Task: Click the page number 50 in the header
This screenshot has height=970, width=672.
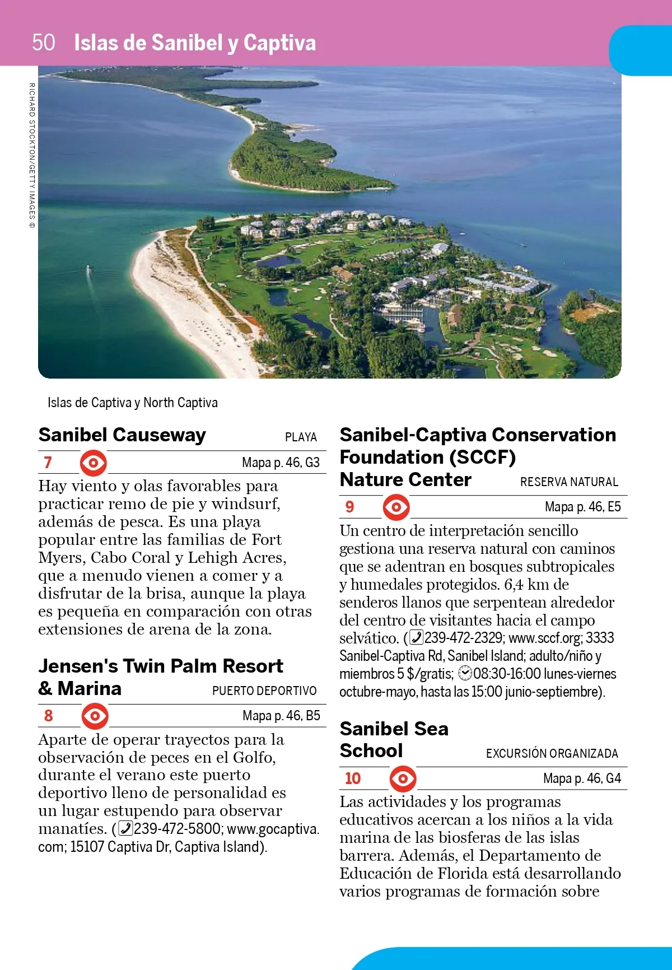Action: [44, 43]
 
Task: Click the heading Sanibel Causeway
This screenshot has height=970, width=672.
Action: [122, 435]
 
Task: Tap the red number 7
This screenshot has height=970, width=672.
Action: [48, 463]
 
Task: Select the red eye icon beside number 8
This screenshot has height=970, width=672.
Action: [95, 716]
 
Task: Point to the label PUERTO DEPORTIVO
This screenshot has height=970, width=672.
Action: [264, 691]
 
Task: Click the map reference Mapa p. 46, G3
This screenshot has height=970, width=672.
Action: [281, 463]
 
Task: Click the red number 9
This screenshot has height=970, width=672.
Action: [349, 507]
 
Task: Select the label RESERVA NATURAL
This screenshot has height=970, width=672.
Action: [569, 482]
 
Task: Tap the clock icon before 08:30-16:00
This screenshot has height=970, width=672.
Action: [465, 674]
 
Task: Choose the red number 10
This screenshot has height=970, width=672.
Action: [353, 778]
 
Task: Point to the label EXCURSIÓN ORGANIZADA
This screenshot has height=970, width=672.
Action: [552, 754]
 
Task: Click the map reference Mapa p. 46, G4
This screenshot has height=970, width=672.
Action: [582, 778]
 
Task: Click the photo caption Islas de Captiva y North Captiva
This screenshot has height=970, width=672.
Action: [133, 403]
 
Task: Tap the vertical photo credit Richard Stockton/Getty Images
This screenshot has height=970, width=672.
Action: [32, 155]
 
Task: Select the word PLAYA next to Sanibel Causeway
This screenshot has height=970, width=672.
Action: [301, 437]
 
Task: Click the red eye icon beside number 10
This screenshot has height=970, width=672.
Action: [403, 778]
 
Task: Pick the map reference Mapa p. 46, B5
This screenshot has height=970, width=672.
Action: [281, 716]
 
